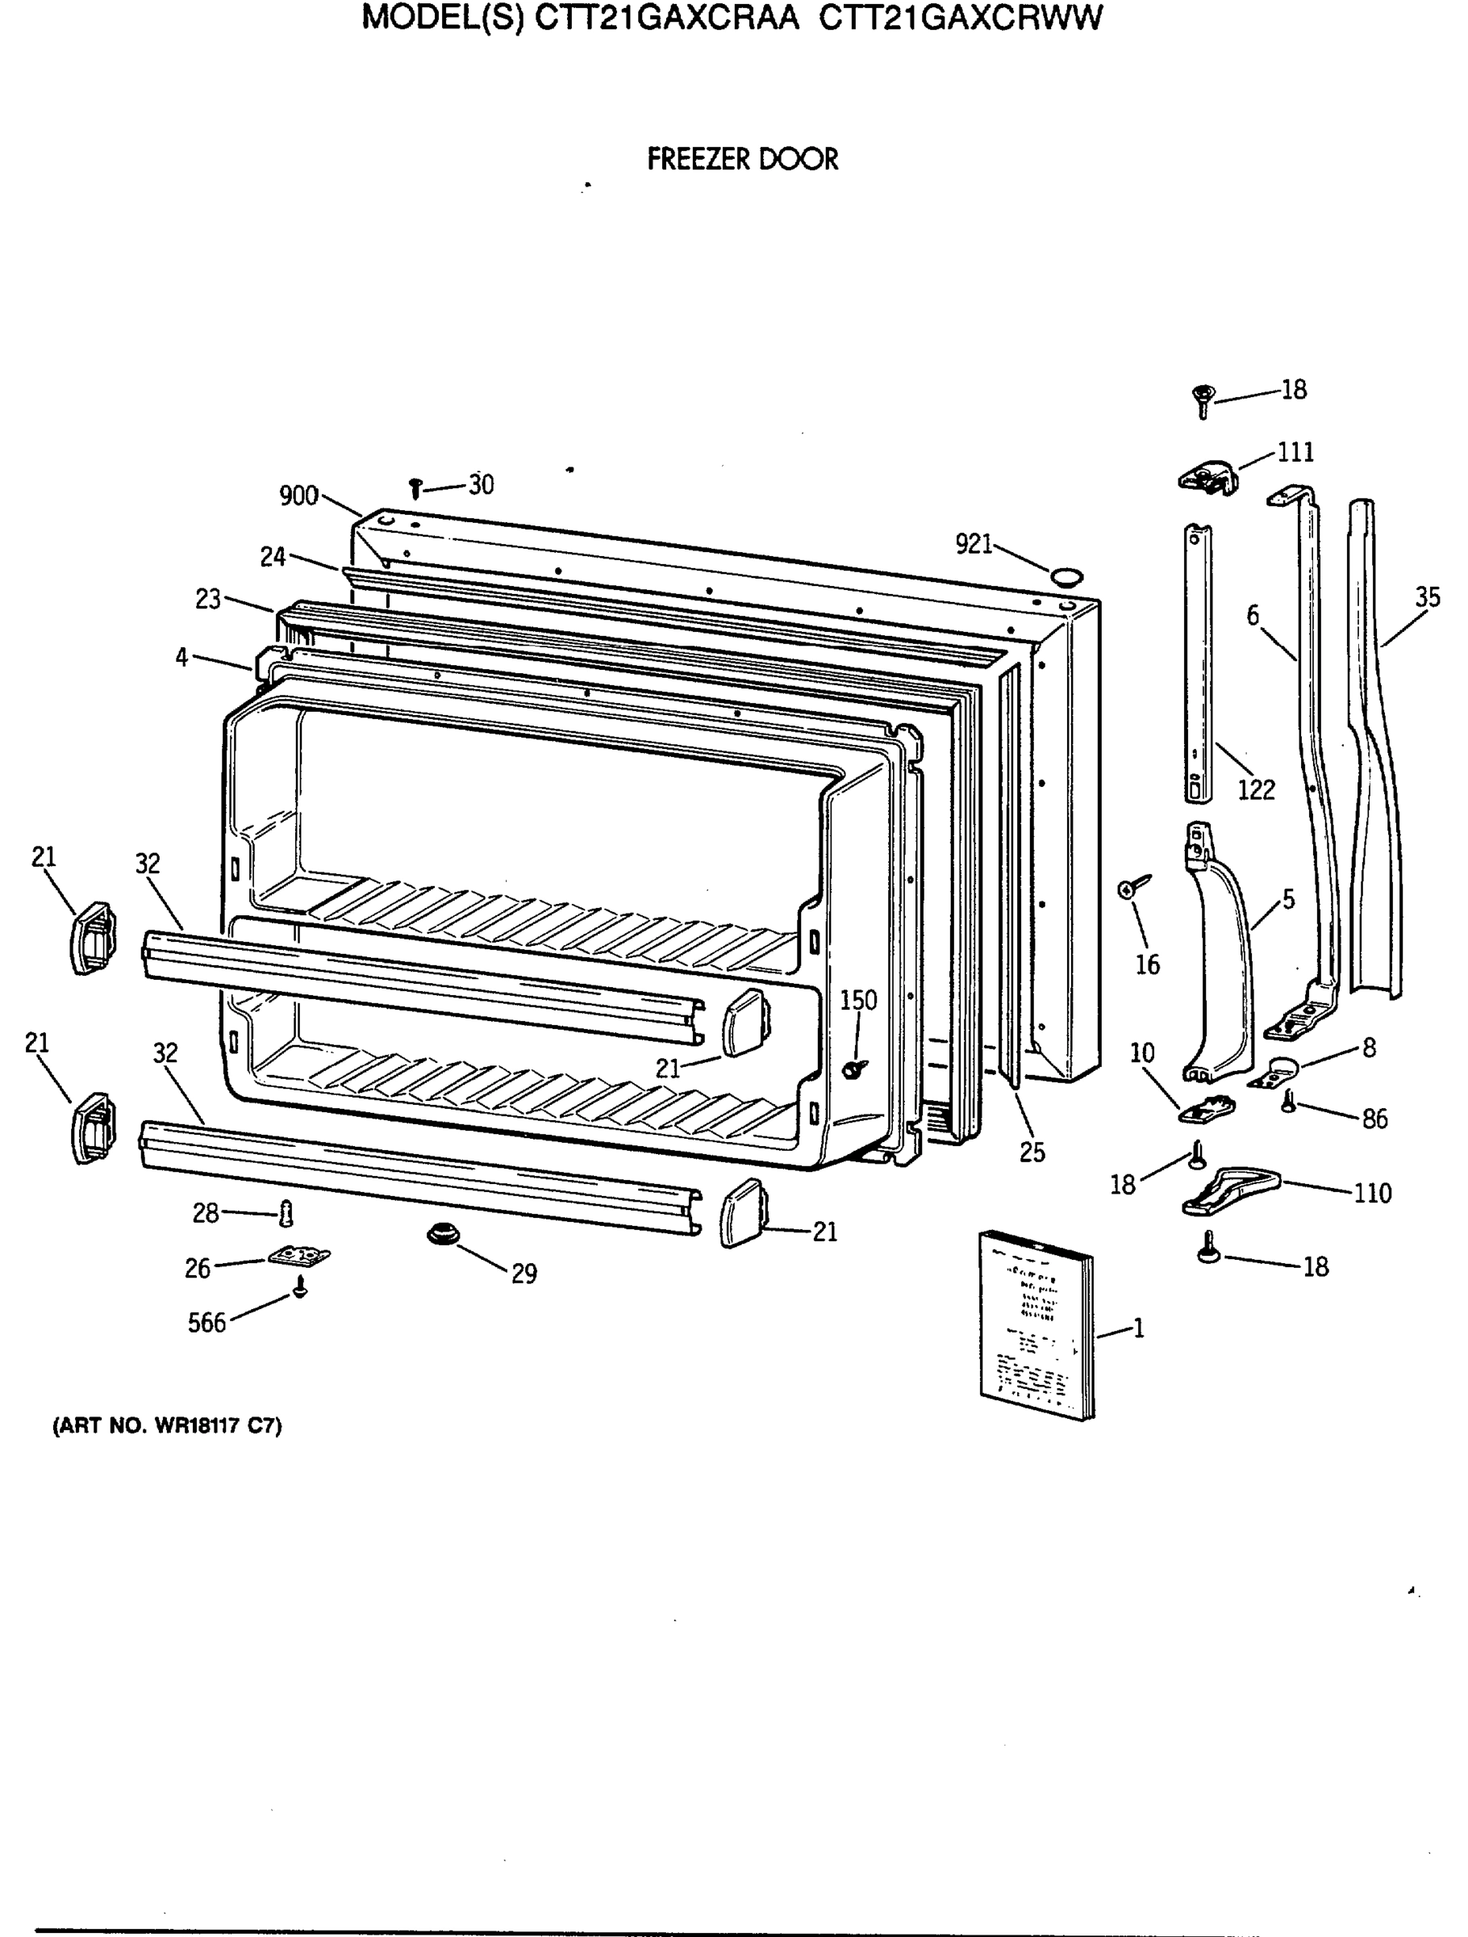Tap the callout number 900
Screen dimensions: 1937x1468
[298, 496]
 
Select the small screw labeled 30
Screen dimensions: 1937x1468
[416, 487]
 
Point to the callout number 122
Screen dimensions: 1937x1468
[1255, 790]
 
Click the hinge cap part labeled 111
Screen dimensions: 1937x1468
[1208, 478]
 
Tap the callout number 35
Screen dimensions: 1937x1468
[1427, 597]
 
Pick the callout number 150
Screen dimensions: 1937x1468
[858, 1000]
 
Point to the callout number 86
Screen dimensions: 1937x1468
[1374, 1119]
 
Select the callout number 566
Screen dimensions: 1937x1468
[206, 1323]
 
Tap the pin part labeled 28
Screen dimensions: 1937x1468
[286, 1214]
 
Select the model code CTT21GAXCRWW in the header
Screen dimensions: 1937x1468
[961, 18]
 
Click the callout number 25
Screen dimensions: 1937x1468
[1032, 1153]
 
